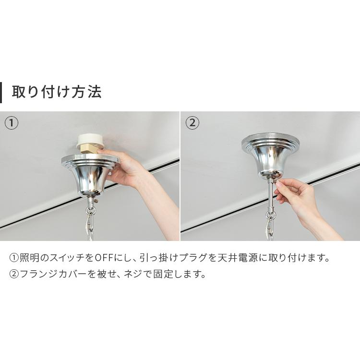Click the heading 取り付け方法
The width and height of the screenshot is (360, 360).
coord(57,92)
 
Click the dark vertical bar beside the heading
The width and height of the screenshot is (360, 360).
coord(1,92)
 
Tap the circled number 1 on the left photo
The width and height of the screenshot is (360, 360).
coord(12,123)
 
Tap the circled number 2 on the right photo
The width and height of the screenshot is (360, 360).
coord(192,123)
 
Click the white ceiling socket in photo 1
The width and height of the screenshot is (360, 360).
coord(90,139)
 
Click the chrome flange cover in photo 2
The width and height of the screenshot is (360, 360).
coord(270,154)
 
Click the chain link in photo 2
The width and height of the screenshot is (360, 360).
coord(271,226)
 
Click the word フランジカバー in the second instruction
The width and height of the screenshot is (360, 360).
coord(54,275)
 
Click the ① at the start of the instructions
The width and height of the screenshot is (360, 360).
coord(14,258)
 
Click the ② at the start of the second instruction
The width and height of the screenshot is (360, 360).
coord(14,275)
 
